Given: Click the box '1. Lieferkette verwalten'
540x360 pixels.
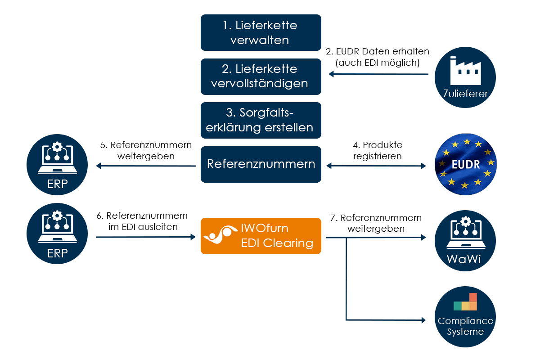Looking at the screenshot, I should pyautogui.click(x=261, y=32).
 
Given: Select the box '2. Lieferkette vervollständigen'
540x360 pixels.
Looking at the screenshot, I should pyautogui.click(x=261, y=76).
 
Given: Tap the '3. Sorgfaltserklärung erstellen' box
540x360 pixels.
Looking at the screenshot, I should pyautogui.click(x=261, y=120).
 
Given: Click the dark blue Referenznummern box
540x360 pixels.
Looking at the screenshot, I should pyautogui.click(x=261, y=164).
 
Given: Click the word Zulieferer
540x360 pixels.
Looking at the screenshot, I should pyautogui.click(x=465, y=94).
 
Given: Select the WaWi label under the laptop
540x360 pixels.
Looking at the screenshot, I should pyautogui.click(x=465, y=260).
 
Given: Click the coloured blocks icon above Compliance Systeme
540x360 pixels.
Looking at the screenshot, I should pyautogui.click(x=465, y=302).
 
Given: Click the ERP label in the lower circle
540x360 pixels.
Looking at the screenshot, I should pyautogui.click(x=57, y=253).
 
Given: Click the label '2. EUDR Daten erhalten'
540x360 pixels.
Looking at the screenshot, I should pyautogui.click(x=377, y=57).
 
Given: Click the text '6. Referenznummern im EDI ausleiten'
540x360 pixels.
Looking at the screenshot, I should pyautogui.click(x=142, y=221).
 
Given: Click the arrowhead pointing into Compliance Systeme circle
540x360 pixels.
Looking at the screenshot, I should pyautogui.click(x=423, y=320).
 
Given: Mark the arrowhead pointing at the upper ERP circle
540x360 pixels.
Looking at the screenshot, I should pyautogui.click(x=99, y=166).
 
